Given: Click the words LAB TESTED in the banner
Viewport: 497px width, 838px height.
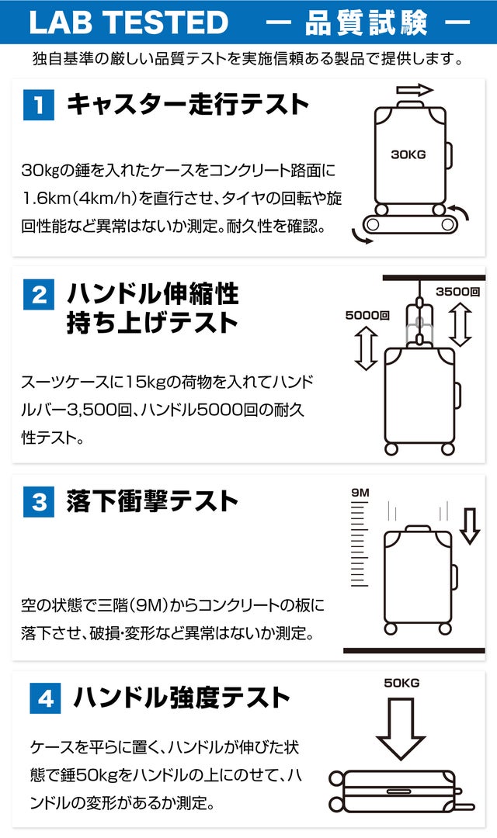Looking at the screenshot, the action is tap(128, 23).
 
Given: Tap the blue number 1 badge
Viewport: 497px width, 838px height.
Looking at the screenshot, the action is tap(39, 105).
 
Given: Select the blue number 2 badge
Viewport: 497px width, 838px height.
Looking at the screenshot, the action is tap(39, 295).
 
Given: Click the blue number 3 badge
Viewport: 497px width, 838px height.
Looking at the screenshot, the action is tap(39, 502).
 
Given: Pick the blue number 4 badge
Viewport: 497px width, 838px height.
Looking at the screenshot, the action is tap(46, 698).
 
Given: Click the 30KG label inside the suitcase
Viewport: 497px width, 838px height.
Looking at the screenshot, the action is tap(408, 155).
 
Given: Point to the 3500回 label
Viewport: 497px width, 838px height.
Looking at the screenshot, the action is tap(457, 292).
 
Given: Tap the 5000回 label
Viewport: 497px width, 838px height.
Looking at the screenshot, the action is tap(367, 315).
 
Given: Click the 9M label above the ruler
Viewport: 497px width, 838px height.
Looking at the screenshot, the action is tap(360, 492).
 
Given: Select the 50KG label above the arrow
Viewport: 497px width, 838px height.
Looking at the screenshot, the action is tap(401, 683).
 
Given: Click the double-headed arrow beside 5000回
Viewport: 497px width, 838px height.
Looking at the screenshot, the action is tap(367, 349).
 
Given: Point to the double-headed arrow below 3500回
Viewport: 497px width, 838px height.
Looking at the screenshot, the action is tap(460, 324).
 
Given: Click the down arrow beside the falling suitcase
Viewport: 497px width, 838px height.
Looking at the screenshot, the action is tap(470, 526).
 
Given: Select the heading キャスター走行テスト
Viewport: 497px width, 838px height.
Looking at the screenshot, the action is tap(188, 104).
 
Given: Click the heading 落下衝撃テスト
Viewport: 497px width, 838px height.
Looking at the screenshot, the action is tap(152, 501).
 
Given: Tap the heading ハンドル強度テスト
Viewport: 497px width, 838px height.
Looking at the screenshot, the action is tap(182, 698).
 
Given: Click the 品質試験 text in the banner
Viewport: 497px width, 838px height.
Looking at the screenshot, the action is tap(367, 23).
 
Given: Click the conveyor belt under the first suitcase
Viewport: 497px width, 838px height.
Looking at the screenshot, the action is tap(410, 224).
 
